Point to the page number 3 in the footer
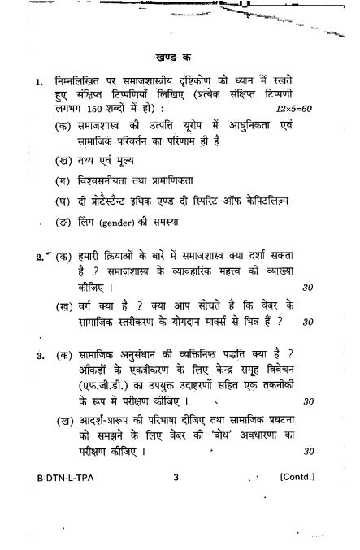(175, 478)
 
